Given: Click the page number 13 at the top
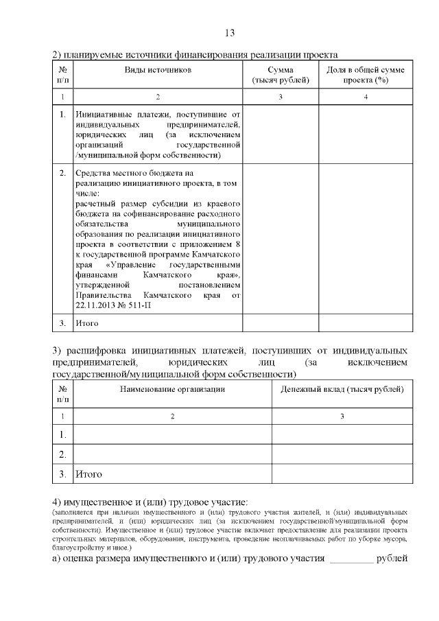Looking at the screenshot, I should (x=230, y=33).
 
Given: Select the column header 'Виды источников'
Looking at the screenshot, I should (x=158, y=70).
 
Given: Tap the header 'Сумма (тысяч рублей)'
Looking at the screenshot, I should (x=281, y=75).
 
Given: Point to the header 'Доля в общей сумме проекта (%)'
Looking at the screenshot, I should (x=366, y=75).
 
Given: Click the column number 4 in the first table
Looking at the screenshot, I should (x=366, y=97).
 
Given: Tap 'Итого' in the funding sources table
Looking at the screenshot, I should (x=87, y=323).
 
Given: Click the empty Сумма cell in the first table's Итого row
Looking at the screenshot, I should (x=281, y=323).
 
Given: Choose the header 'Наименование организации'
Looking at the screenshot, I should (x=172, y=389).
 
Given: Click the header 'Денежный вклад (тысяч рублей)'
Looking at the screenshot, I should (x=342, y=389).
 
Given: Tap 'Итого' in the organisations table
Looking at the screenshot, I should (x=89, y=473).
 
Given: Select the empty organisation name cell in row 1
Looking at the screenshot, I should (x=172, y=435).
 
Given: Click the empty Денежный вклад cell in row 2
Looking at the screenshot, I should (x=342, y=454).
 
